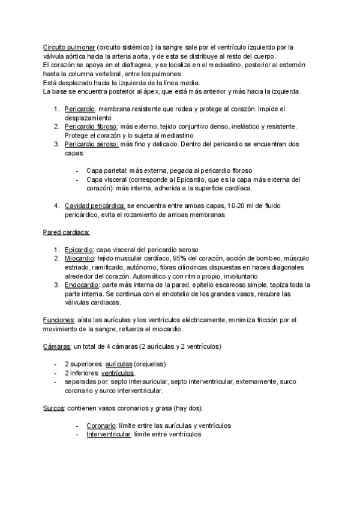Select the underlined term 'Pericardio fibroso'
(x=92, y=127)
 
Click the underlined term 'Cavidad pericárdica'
(x=94, y=206)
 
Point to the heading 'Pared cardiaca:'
(x=67, y=232)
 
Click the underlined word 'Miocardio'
(x=79, y=258)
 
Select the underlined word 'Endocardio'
(x=80, y=285)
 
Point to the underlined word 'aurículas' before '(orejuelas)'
(x=119, y=364)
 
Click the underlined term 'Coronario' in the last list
(x=101, y=426)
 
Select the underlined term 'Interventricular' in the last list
(x=109, y=434)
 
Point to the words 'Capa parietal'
(x=105, y=170)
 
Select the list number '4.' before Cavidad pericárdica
(x=56, y=206)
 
